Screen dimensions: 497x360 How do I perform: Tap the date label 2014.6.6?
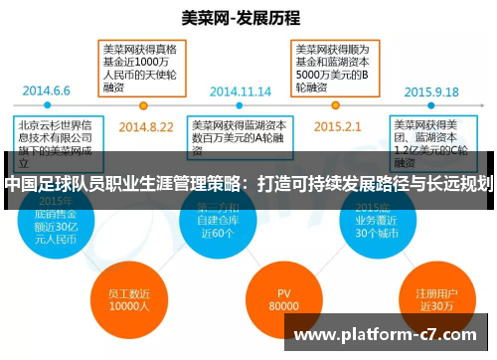(47, 89)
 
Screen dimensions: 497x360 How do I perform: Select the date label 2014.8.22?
(146, 127)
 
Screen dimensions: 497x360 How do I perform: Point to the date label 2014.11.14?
(242, 89)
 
